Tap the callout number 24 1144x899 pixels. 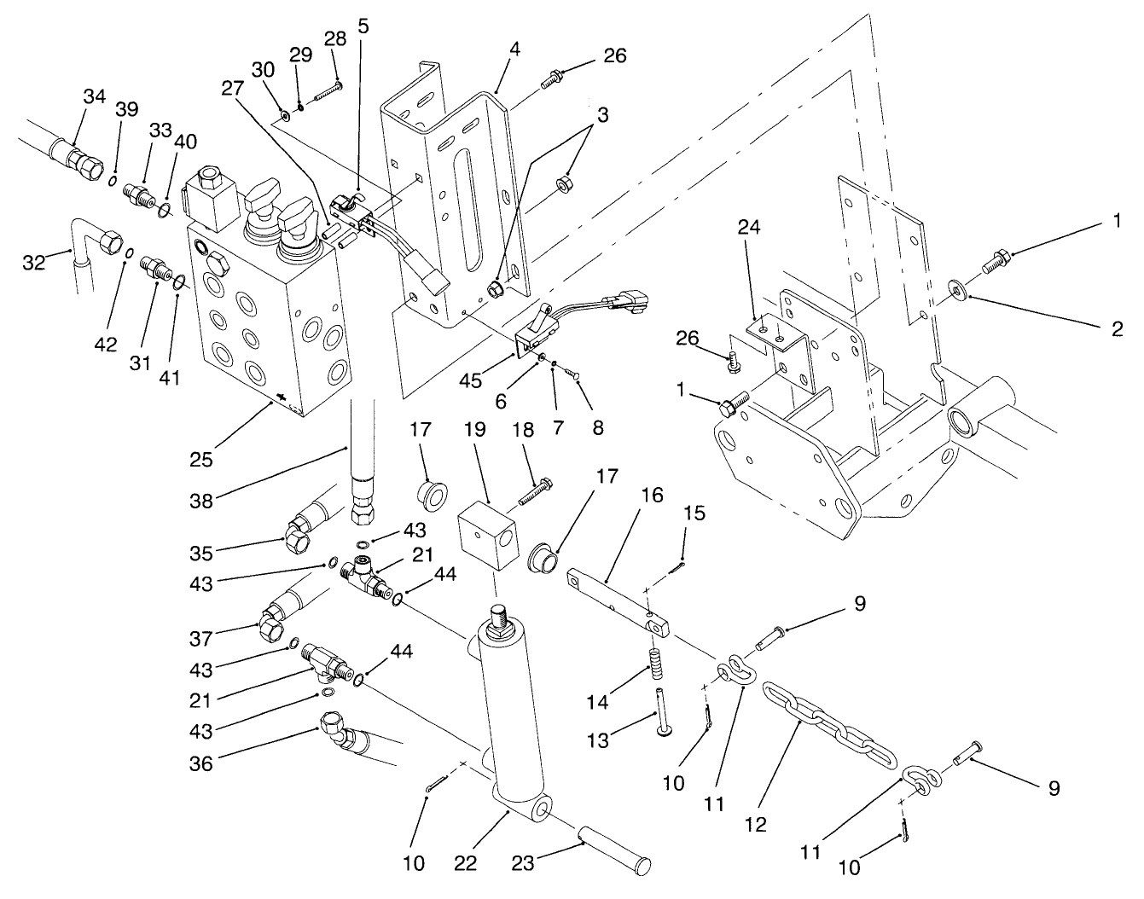750,228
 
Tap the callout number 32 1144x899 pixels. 32,261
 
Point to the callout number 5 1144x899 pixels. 363,26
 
